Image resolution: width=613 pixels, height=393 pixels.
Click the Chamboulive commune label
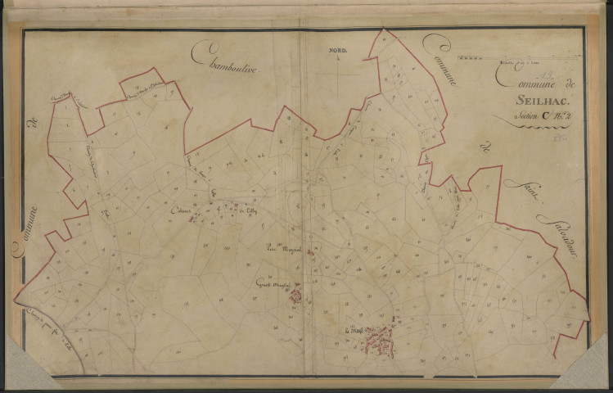tap(225, 60)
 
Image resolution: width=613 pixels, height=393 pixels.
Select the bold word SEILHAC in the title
tap(533, 101)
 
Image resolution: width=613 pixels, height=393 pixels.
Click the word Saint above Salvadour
tap(515, 192)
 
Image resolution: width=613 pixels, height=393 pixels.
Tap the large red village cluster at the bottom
tap(379, 336)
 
